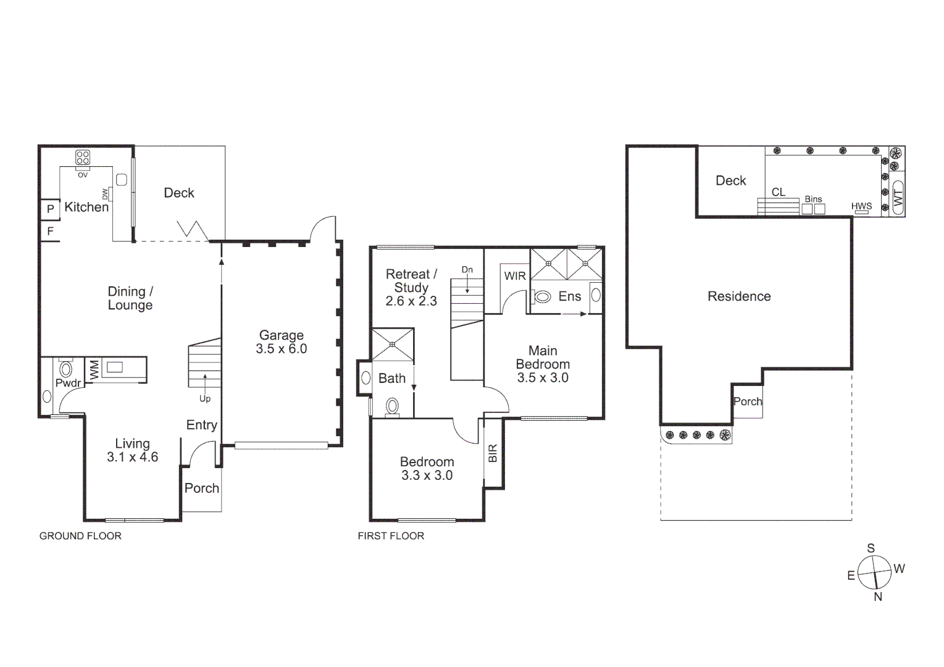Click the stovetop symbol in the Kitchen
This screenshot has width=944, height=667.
pyautogui.click(x=83, y=157)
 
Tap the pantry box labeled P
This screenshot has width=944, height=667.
pyautogui.click(x=50, y=209)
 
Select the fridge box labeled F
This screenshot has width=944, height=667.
pyautogui.click(x=50, y=232)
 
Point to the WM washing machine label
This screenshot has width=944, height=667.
pyautogui.click(x=94, y=370)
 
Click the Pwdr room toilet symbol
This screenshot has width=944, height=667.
pyautogui.click(x=65, y=369)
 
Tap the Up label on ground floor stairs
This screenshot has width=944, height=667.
pyautogui.click(x=205, y=398)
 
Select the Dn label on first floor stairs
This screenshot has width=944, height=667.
pyautogui.click(x=467, y=270)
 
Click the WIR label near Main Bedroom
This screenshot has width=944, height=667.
pyautogui.click(x=515, y=276)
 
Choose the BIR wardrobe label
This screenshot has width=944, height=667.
pyautogui.click(x=493, y=454)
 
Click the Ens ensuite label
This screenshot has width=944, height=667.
pyautogui.click(x=570, y=296)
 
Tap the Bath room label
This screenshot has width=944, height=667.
pyautogui.click(x=392, y=379)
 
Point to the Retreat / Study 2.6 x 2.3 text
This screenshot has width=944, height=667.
pyautogui.click(x=411, y=288)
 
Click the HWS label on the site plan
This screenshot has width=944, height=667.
pyautogui.click(x=861, y=206)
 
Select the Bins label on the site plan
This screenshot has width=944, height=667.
pyautogui.click(x=813, y=199)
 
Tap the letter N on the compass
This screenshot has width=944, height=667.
pyautogui.click(x=878, y=597)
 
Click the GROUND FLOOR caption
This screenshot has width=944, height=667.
pyautogui.click(x=80, y=536)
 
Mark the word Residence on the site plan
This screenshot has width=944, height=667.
pyautogui.click(x=739, y=296)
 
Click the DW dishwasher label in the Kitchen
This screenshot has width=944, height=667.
pyautogui.click(x=105, y=194)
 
